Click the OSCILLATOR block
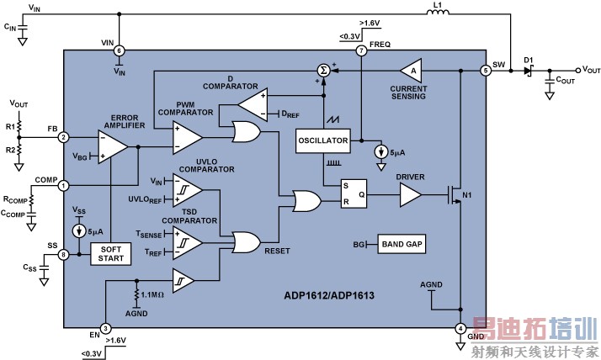[x=324, y=141]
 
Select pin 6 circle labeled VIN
[x=119, y=51]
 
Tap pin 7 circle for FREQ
[x=361, y=51]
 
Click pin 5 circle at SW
[x=486, y=71]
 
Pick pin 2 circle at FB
[x=64, y=137]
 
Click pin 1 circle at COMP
[x=64, y=186]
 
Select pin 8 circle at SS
[x=64, y=253]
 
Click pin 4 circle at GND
[x=460, y=328]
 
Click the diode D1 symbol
[x=528, y=71]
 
